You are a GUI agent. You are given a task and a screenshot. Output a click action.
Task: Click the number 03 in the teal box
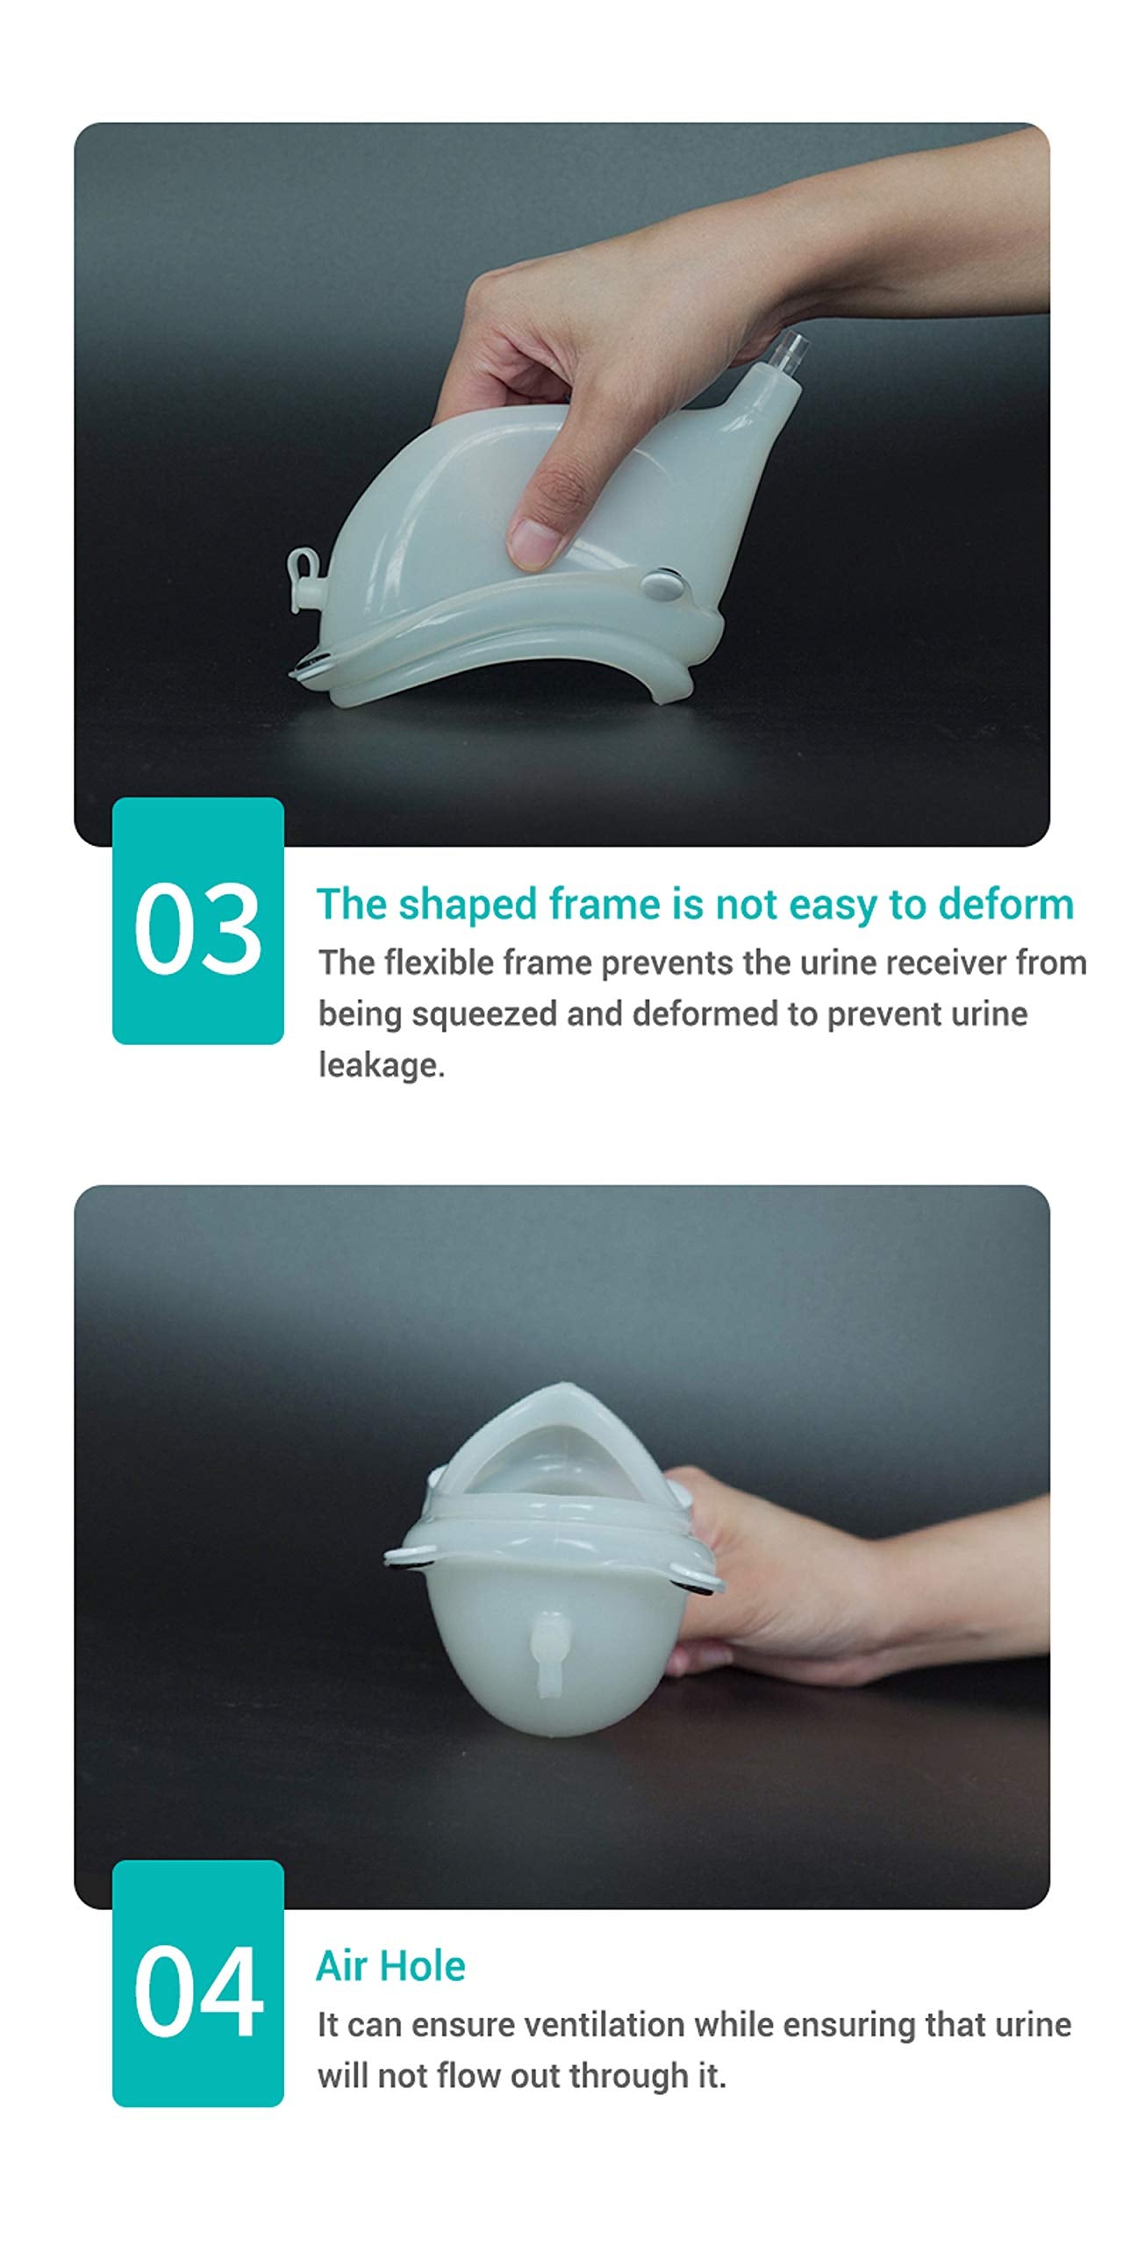[197, 928]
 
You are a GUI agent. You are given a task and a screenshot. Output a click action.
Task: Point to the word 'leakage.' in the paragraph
[382, 1065]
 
